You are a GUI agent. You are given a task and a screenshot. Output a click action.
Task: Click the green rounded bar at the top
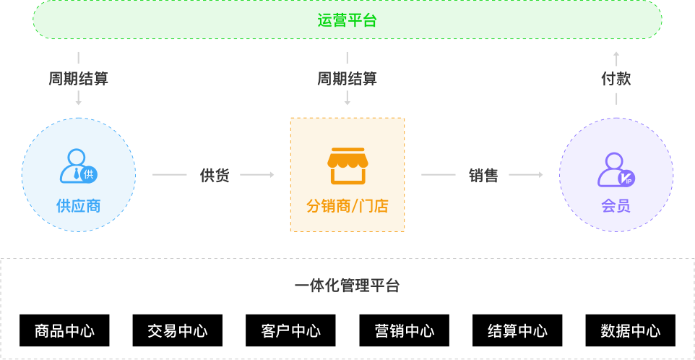(347, 20)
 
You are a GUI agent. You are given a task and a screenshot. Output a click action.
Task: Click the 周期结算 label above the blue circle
(78, 79)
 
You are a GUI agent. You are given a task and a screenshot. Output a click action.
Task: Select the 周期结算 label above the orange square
(347, 79)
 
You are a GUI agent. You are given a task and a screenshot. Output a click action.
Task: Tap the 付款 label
(616, 79)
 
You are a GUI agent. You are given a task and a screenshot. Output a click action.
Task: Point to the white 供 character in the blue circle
(88, 174)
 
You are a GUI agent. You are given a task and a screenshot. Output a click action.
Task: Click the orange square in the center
(347, 174)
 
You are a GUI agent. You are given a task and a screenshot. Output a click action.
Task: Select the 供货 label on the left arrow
(214, 175)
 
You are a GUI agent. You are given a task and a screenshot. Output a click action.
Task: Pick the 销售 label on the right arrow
(483, 175)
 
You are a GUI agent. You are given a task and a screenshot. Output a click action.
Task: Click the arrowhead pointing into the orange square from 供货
(271, 175)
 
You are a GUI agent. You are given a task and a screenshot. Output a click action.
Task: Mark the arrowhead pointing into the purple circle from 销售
(540, 175)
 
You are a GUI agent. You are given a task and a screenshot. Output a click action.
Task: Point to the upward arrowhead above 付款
(616, 55)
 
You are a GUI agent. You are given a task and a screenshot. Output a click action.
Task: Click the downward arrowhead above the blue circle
(78, 103)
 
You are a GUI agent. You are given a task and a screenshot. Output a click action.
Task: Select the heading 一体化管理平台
(347, 286)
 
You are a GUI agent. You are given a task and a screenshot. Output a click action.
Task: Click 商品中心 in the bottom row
(64, 331)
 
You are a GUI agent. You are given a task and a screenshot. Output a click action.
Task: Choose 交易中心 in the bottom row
(177, 331)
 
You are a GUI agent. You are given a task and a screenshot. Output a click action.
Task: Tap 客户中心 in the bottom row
(290, 331)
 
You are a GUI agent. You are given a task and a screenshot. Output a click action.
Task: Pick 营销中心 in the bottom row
(404, 331)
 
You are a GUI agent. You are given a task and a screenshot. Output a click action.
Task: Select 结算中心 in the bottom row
(517, 331)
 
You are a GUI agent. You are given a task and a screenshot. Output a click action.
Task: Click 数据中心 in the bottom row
(630, 331)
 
